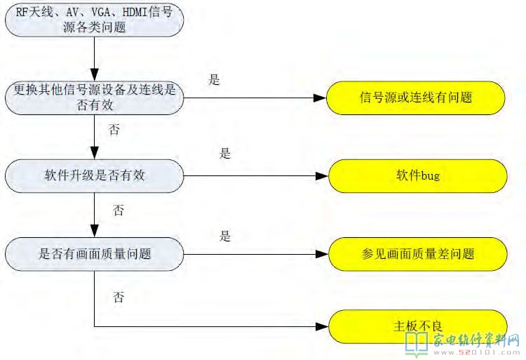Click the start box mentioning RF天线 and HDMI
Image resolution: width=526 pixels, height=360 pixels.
pyautogui.click(x=94, y=19)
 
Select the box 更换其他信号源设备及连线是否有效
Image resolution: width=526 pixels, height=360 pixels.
pyautogui.click(x=94, y=98)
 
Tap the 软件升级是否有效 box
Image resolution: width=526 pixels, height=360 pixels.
pyautogui.click(x=94, y=175)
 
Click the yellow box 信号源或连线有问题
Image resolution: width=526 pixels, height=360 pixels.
pyautogui.click(x=416, y=98)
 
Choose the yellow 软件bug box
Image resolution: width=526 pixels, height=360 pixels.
pyautogui.click(x=416, y=175)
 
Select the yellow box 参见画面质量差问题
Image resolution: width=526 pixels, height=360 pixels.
pyautogui.click(x=416, y=253)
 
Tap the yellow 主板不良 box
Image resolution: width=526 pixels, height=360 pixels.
pyautogui.click(x=416, y=326)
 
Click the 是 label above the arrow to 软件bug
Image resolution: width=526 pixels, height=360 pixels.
pyautogui.click(x=224, y=154)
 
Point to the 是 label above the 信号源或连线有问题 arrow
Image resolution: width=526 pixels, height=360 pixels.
pyautogui.click(x=214, y=80)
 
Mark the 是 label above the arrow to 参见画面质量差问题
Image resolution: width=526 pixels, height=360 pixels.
pyautogui.click(x=224, y=236)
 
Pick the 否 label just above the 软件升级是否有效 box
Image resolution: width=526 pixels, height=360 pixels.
pyautogui.click(x=114, y=130)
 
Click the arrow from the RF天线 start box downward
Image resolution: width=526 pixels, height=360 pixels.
pyautogui.click(x=94, y=60)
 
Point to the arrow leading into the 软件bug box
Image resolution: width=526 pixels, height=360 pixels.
pyautogui.click(x=252, y=175)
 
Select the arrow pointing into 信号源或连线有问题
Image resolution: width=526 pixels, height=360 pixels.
pyautogui.click(x=252, y=98)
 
